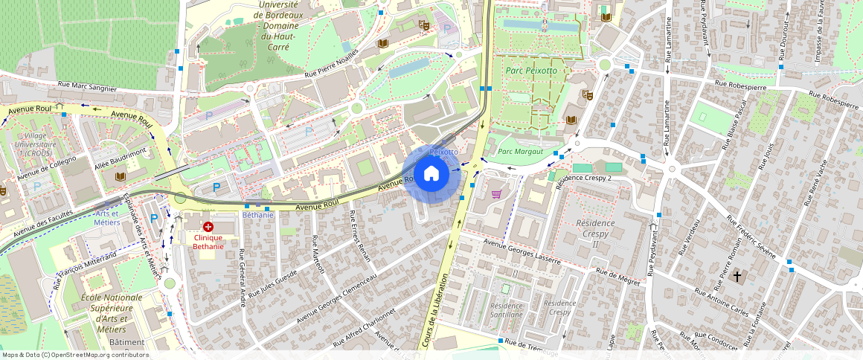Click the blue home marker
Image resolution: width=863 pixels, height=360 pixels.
pos(431,174)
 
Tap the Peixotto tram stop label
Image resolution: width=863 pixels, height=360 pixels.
pos(443,152)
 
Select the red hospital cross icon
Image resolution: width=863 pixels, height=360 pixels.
pos(208,226)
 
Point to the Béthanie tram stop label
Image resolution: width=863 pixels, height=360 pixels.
pos(258,215)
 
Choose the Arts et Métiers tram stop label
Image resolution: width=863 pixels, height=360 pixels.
pos(108,218)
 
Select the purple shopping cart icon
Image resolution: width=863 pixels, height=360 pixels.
pos(496,194)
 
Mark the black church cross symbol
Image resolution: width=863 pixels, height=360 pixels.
pos(737,277)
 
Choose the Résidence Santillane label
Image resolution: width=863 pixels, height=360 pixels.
pos(507,309)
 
